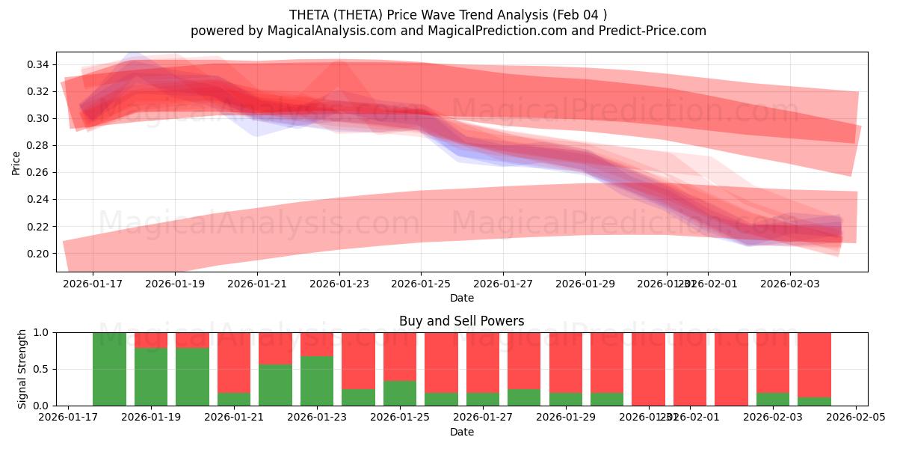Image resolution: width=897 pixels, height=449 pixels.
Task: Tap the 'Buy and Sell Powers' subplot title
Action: (x=461, y=321)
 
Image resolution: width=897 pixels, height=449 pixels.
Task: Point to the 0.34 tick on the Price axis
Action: (x=37, y=65)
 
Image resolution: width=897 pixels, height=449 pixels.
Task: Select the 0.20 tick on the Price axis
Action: (x=37, y=254)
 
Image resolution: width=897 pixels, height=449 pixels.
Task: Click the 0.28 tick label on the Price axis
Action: (x=37, y=146)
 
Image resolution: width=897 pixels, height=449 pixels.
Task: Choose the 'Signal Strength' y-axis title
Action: (x=22, y=369)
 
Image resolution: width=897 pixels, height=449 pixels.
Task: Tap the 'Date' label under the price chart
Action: (x=461, y=298)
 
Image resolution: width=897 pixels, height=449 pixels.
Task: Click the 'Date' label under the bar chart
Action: (x=461, y=432)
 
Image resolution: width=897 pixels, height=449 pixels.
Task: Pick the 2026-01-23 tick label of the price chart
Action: (x=339, y=284)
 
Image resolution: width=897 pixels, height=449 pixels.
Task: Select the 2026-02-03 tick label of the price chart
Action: (x=789, y=284)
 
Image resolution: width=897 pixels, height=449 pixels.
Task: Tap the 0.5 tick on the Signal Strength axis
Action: (x=42, y=369)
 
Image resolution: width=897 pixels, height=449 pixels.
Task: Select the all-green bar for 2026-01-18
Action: (x=109, y=369)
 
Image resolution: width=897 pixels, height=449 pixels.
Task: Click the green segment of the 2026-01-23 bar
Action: (x=317, y=381)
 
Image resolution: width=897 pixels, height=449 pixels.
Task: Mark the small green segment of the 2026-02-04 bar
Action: (x=814, y=402)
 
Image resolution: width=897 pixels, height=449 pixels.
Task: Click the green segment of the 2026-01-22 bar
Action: (x=275, y=385)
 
